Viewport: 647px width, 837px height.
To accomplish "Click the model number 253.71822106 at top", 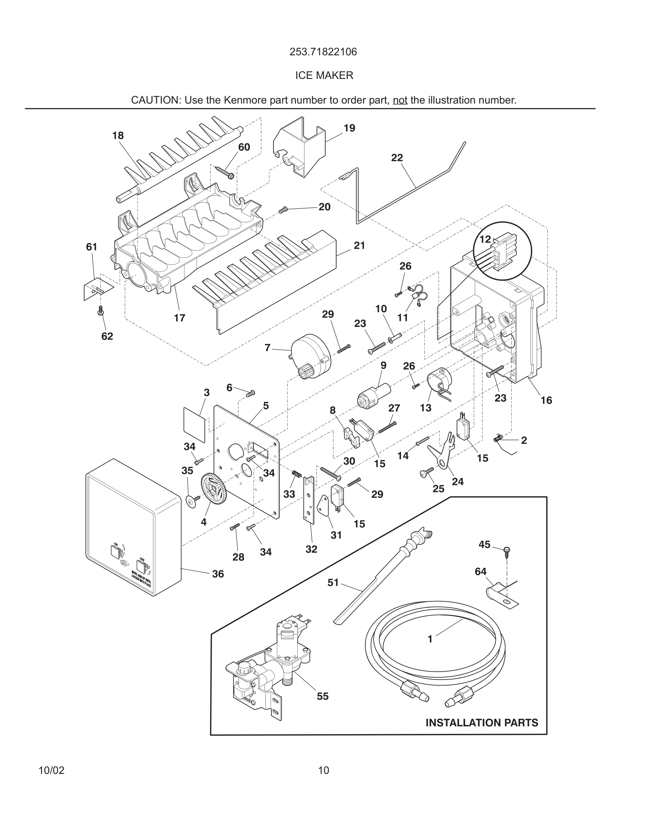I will [x=323, y=52].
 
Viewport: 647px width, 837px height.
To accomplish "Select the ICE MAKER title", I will [x=324, y=75].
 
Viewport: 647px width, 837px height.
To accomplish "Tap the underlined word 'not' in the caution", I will [x=400, y=100].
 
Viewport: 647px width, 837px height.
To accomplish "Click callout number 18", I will [x=118, y=136].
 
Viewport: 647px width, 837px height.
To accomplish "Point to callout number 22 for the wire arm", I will [x=397, y=157].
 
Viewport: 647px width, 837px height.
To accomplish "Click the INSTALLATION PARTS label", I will [x=482, y=723].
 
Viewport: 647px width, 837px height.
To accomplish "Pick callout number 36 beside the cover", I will [x=218, y=574].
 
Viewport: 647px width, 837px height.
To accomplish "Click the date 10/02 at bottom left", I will [x=51, y=770].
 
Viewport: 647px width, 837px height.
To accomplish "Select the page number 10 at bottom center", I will [x=323, y=770].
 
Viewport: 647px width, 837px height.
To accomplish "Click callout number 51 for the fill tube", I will [x=333, y=583].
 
